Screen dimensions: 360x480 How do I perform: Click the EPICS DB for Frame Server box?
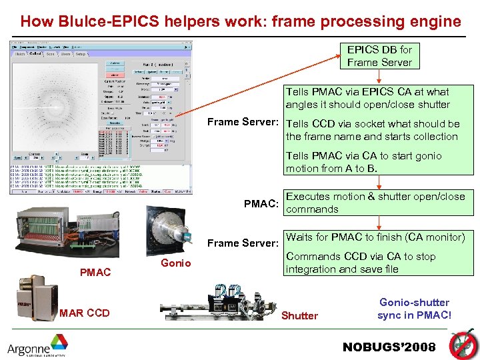pyautogui.click(x=379, y=56)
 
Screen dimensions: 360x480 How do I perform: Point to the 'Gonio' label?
pyautogui.click(x=176, y=263)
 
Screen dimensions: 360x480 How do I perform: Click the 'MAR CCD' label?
pyautogui.click(x=85, y=312)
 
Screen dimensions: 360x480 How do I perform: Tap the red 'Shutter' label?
pyautogui.click(x=299, y=315)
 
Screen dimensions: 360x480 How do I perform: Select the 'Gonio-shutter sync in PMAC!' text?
pyautogui.click(x=414, y=309)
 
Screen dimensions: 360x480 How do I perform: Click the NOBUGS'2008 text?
pyautogui.click(x=389, y=347)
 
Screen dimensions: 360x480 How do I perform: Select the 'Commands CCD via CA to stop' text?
pyautogui.click(x=361, y=257)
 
